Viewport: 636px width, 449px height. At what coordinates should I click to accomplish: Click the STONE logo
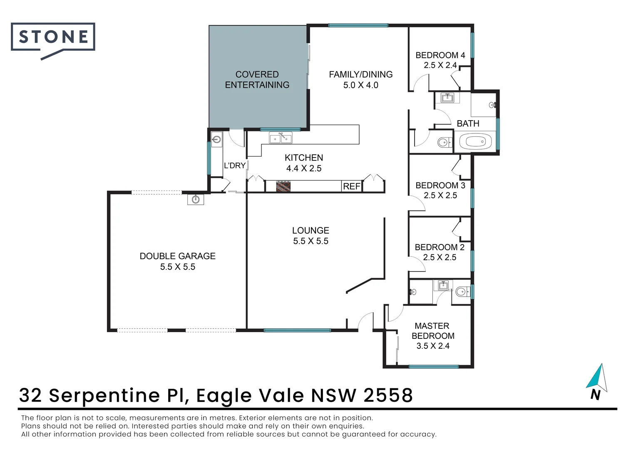[53, 37]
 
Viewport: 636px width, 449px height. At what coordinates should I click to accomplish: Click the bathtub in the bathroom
[475, 142]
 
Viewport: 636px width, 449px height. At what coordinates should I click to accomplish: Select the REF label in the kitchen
[351, 187]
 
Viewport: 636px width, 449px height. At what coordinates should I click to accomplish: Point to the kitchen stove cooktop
[283, 186]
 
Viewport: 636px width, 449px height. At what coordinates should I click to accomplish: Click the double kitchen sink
[281, 138]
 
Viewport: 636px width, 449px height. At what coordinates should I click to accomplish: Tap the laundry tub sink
[216, 139]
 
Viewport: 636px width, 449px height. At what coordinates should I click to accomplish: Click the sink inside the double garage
[196, 200]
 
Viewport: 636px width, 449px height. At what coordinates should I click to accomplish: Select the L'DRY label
[235, 165]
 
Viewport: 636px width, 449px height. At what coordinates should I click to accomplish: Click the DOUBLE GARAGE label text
[178, 256]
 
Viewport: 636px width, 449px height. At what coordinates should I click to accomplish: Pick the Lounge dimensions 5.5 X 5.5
[311, 241]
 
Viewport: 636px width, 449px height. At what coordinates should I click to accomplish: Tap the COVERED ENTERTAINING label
[257, 79]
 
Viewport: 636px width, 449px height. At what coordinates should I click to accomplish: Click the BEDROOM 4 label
[440, 55]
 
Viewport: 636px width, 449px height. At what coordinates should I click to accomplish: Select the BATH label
[468, 123]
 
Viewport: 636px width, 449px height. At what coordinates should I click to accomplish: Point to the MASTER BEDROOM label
[433, 331]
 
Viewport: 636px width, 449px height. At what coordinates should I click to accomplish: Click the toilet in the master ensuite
[461, 292]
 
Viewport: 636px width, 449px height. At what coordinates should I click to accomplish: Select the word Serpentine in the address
[104, 395]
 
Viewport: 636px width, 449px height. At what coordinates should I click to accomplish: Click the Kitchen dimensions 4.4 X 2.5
[304, 168]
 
